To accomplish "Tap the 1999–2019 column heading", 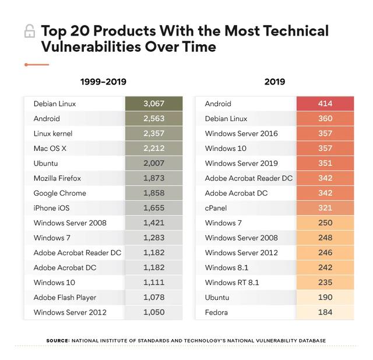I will [x=103, y=82].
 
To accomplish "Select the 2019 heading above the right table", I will [x=275, y=82].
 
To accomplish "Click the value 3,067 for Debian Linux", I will [x=154, y=104].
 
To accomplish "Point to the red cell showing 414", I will [x=325, y=104].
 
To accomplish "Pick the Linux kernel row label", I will [x=53, y=133].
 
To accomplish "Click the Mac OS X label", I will [x=50, y=149].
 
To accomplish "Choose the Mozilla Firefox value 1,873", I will [x=154, y=178].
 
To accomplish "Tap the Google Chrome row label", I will [x=59, y=193].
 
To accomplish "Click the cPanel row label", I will [x=216, y=208].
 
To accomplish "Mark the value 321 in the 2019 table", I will [x=325, y=208].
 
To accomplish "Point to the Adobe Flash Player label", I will [x=65, y=298].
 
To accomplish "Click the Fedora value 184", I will [x=325, y=312].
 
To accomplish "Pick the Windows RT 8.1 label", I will [x=232, y=283].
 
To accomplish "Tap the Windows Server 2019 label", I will [x=241, y=163].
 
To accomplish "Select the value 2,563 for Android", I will [x=154, y=119].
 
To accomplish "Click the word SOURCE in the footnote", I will [x=58, y=340].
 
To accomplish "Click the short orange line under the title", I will [x=36, y=65].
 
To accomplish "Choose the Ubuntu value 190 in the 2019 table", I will [x=325, y=298].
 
